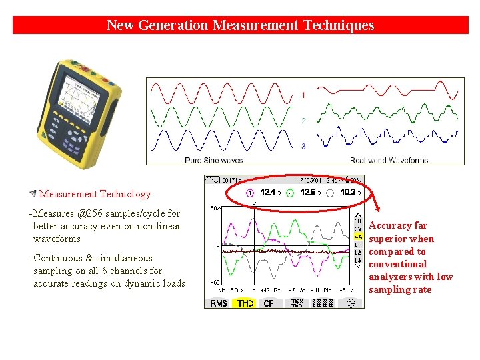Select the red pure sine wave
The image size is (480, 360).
pos(221,92)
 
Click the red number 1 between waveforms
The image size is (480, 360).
pos(303,95)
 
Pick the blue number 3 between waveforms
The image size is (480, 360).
pos(303,145)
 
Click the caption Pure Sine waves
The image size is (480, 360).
pos(213,160)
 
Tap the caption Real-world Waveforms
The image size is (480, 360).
pos(389,160)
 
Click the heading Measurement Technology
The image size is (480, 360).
pos(95,194)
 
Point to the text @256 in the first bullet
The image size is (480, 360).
pos(92,213)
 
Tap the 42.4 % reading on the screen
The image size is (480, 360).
pos(268,192)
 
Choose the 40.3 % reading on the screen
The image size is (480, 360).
pos(350,192)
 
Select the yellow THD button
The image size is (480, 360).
pos(245,303)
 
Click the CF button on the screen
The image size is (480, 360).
pos(269,303)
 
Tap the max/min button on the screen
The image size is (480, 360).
pos(295,303)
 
